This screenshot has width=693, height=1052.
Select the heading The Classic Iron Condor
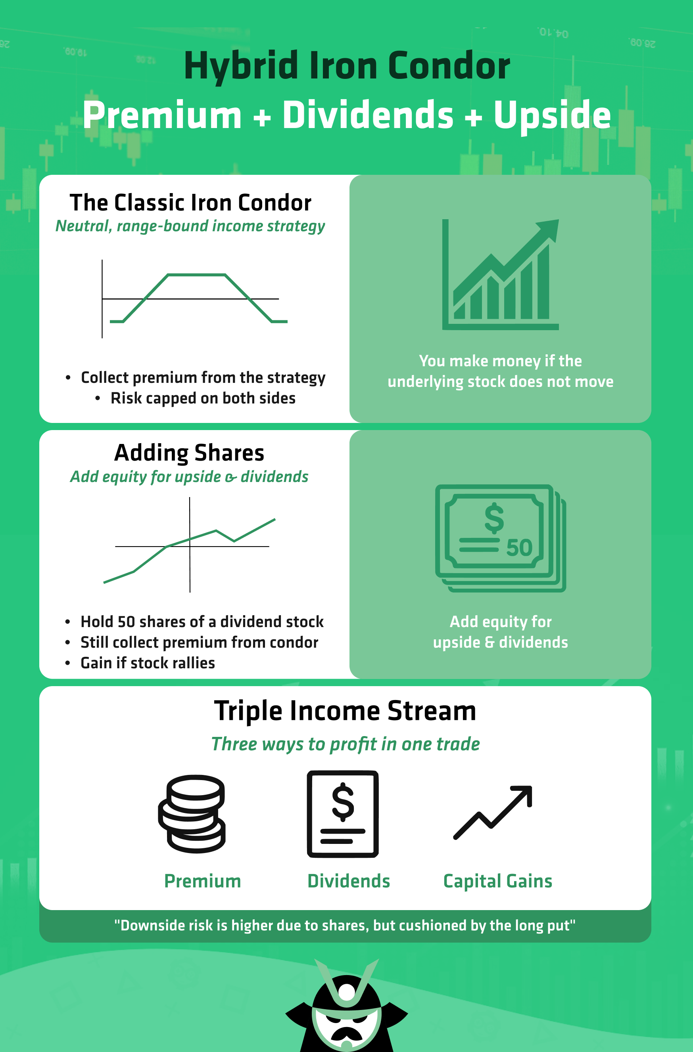tap(191, 203)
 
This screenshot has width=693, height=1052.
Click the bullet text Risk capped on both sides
tap(203, 398)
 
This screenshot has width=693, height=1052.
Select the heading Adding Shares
tap(189, 453)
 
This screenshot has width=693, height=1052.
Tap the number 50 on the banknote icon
tap(519, 548)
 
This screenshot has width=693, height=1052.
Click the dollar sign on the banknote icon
tap(494, 518)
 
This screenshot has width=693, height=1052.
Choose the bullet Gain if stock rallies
tap(148, 663)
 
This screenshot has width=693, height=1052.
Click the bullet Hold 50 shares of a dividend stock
tap(202, 622)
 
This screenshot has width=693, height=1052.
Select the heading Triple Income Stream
tap(345, 711)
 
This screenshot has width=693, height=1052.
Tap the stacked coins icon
tap(192, 814)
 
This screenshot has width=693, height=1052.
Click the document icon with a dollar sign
tap(343, 814)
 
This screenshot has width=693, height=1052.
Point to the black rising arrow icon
tap(493, 813)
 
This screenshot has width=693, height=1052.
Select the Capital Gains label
tap(497, 881)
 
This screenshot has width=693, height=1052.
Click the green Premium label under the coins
tap(203, 881)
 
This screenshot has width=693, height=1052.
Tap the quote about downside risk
tap(345, 925)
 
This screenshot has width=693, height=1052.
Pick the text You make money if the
tap(500, 361)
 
